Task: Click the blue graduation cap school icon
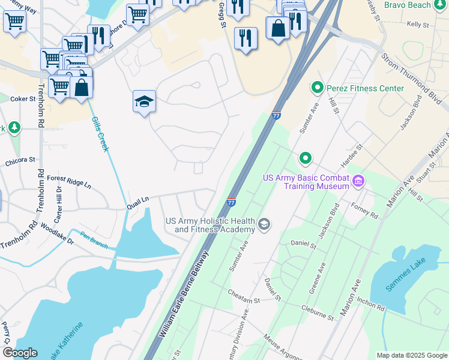point(144,101)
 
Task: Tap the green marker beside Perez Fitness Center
point(317,88)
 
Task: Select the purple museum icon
point(359,180)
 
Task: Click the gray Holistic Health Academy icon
point(264,225)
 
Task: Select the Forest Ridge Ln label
point(69,181)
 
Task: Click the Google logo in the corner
point(20,353)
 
